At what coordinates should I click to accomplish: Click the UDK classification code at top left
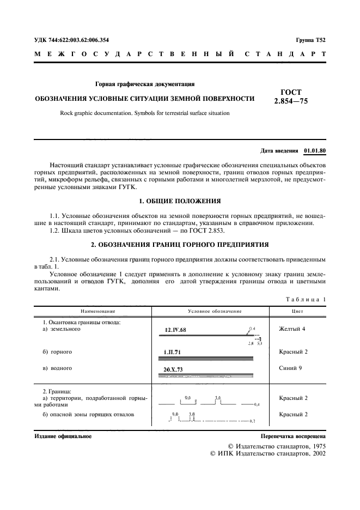(x=71, y=40)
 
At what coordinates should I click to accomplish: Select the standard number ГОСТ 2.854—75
(x=291, y=96)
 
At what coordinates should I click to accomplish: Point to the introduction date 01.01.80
(x=314, y=149)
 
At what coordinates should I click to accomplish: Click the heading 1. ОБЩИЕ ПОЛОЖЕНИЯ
(x=180, y=201)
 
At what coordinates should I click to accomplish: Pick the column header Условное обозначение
(x=207, y=311)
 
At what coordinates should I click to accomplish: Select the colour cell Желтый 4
(x=292, y=329)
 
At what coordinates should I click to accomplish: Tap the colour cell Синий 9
(x=290, y=368)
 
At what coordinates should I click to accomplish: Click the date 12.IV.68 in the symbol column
(x=175, y=330)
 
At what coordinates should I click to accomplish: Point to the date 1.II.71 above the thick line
(x=173, y=351)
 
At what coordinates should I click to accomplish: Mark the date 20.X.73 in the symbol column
(x=174, y=369)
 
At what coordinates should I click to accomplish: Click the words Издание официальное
(x=63, y=436)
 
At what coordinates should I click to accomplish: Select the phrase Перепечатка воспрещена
(x=293, y=436)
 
